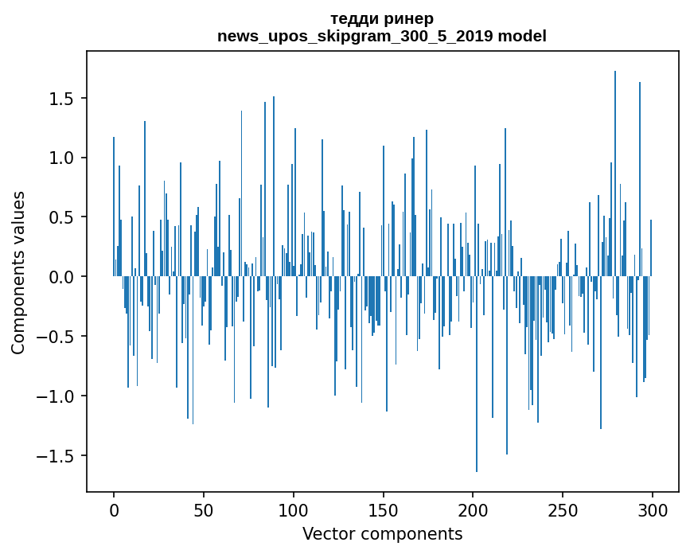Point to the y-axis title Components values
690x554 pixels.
(x=18, y=272)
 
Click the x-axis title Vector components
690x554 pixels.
(x=382, y=533)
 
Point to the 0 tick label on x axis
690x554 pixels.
(x=114, y=510)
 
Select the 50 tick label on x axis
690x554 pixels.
(x=204, y=510)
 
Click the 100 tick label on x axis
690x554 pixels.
(x=294, y=510)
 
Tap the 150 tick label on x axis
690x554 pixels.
(x=384, y=510)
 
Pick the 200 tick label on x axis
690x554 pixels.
(x=473, y=510)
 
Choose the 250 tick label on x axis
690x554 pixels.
(x=563, y=510)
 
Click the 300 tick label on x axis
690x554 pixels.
(x=653, y=510)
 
